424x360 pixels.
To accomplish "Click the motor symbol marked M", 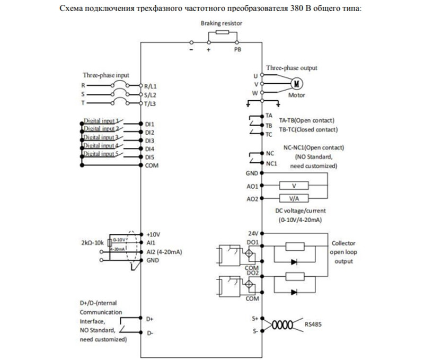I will click(x=297, y=83).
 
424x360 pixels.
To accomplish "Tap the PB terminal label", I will click(x=238, y=49).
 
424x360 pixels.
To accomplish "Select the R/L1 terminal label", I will click(x=151, y=85).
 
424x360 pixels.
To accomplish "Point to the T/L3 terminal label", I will click(x=150, y=103).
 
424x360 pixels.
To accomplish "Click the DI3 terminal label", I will click(x=149, y=141).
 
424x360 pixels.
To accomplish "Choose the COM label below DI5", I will click(x=151, y=165).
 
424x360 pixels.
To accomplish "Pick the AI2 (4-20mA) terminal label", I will click(x=164, y=252).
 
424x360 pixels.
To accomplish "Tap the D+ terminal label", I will click(x=149, y=319).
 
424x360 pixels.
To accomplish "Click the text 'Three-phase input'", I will click(x=105, y=75).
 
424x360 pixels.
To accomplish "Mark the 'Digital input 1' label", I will click(x=101, y=121).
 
